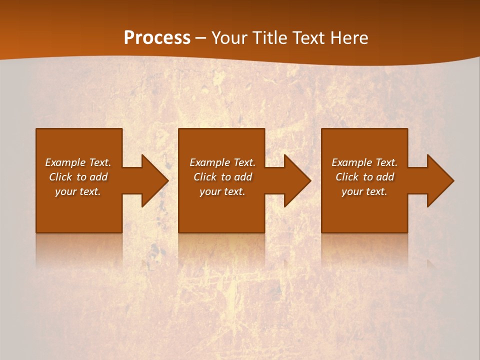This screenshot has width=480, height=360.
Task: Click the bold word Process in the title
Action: (x=157, y=38)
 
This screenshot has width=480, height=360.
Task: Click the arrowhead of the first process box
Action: (x=152, y=180)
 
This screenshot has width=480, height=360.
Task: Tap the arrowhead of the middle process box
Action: (x=295, y=180)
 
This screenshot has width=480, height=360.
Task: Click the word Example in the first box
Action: (x=65, y=162)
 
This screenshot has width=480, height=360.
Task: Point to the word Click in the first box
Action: (x=60, y=177)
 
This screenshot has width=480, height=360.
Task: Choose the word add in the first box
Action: (x=99, y=177)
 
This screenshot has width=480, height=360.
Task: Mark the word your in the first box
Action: (x=65, y=191)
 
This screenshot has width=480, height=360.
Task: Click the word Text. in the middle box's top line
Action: (x=242, y=162)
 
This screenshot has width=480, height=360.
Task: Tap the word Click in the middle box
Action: (x=205, y=177)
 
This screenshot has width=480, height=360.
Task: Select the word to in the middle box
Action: (x=226, y=177)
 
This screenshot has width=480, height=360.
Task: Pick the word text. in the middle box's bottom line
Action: (x=233, y=191)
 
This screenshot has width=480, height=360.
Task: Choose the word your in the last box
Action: (x=351, y=191)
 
